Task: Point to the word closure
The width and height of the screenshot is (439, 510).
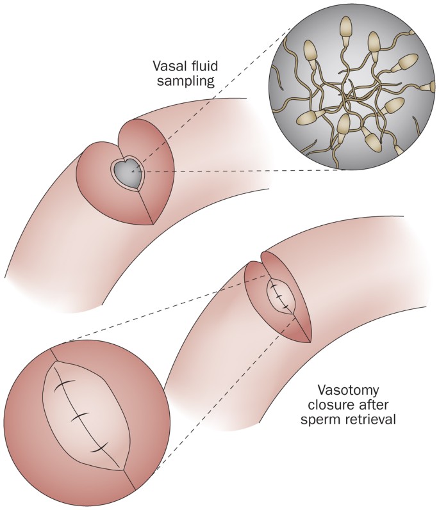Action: (338, 406)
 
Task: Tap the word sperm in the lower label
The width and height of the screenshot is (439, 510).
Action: (335, 422)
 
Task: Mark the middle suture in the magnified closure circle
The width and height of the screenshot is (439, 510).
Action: (80, 417)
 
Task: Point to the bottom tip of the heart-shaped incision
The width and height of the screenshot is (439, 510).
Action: (153, 224)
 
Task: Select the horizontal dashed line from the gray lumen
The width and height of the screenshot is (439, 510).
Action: (244, 171)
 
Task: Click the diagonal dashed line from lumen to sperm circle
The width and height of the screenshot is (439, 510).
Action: (211, 96)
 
